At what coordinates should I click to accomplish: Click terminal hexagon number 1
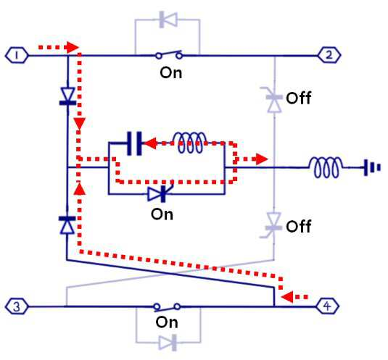[x=17, y=55]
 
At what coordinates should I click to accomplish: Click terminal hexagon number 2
[x=329, y=55]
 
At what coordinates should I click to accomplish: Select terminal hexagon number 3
[x=17, y=306]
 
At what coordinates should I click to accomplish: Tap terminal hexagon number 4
[x=327, y=306]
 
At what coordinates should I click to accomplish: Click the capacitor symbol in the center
[x=134, y=143]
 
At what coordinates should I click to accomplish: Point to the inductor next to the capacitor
[x=190, y=143]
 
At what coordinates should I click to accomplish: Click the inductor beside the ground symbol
[x=326, y=167]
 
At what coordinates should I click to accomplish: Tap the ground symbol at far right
[x=372, y=167]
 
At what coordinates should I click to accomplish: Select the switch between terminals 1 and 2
[x=170, y=54]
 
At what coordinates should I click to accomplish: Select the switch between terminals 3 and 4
[x=167, y=307]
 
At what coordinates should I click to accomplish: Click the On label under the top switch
[x=170, y=73]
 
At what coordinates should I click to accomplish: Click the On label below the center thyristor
[x=162, y=214]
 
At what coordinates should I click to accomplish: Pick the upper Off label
[x=298, y=98]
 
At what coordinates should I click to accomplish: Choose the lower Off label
[x=298, y=226]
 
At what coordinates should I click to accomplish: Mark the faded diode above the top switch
[x=168, y=20]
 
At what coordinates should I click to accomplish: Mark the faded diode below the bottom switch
[x=168, y=343]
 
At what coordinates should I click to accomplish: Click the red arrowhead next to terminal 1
[x=73, y=47]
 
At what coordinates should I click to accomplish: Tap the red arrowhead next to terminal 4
[x=287, y=296]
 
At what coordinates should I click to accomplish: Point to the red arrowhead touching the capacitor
[x=149, y=143]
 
